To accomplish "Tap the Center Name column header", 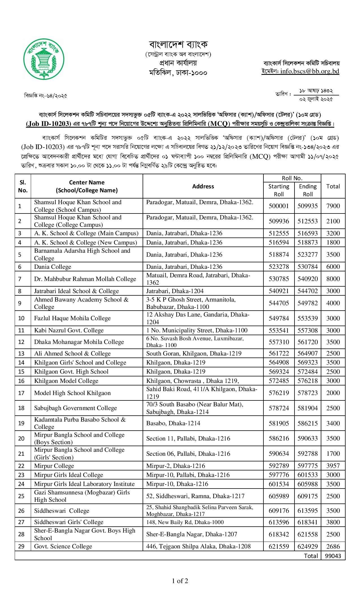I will click(87, 186).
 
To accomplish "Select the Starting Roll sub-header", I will click(279, 190).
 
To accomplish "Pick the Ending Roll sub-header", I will click(308, 190).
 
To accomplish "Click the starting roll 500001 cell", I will click(279, 206).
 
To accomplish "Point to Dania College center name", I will click(53, 267).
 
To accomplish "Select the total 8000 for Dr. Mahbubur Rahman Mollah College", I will click(333, 279).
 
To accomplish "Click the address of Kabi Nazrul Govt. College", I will click(197, 330).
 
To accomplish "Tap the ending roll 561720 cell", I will click(307, 342).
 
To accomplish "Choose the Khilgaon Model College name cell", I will click(66, 381).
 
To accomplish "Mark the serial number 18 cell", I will click(21, 408).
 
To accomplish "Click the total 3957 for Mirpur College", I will click(333, 466).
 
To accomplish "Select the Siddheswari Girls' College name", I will click(69, 522).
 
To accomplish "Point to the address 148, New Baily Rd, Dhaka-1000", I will click(185, 522).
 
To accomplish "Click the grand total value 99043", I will click(333, 556).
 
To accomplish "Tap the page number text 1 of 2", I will click(180, 581).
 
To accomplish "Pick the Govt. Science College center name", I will click(63, 546).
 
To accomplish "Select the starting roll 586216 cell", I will click(279, 439).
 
